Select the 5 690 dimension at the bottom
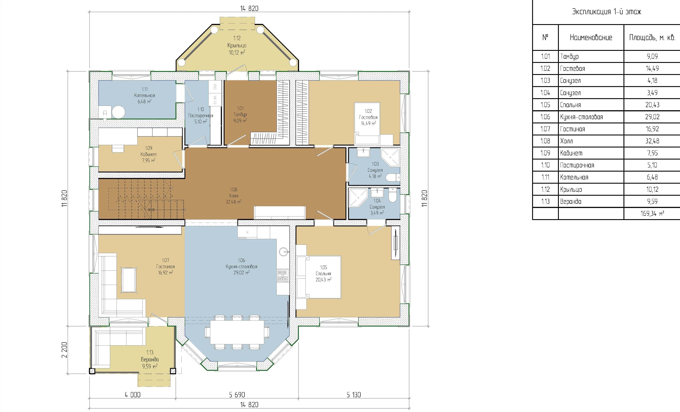tap(237, 395)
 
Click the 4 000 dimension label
tap(133, 395)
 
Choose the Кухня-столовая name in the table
tap(581, 117)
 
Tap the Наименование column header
tap(591, 37)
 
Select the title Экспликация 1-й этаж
tap(606, 12)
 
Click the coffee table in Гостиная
tap(129, 280)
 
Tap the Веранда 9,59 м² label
tap(150, 359)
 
